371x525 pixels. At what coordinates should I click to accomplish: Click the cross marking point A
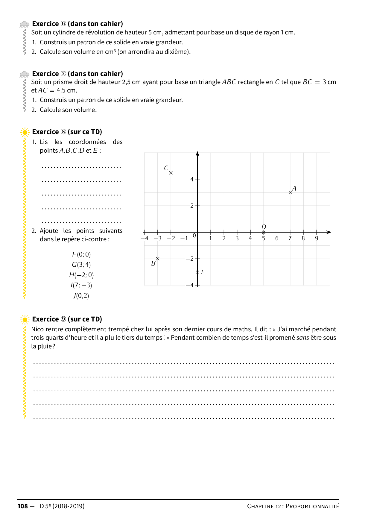(290, 192)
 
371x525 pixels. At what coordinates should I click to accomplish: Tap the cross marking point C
(171, 173)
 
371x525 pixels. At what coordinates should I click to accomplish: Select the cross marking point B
(158, 259)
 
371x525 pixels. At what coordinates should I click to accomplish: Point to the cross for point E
(197, 272)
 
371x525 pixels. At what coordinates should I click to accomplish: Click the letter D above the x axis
(264, 227)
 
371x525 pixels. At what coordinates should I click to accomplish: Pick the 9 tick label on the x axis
(317, 239)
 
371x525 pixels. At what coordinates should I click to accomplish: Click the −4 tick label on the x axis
(145, 239)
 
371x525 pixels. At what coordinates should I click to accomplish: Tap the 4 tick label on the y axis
(192, 179)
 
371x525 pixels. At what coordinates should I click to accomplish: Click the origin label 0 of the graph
(194, 236)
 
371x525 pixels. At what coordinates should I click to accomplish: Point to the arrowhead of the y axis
(197, 154)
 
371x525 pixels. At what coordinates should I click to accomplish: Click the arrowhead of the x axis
(329, 232)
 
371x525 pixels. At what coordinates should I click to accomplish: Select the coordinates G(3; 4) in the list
(81, 265)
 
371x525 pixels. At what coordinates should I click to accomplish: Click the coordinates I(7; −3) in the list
(81, 285)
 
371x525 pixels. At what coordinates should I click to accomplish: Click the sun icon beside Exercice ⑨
(25, 319)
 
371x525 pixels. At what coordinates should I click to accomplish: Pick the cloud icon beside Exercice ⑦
(24, 74)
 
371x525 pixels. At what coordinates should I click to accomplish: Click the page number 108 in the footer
(23, 506)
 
